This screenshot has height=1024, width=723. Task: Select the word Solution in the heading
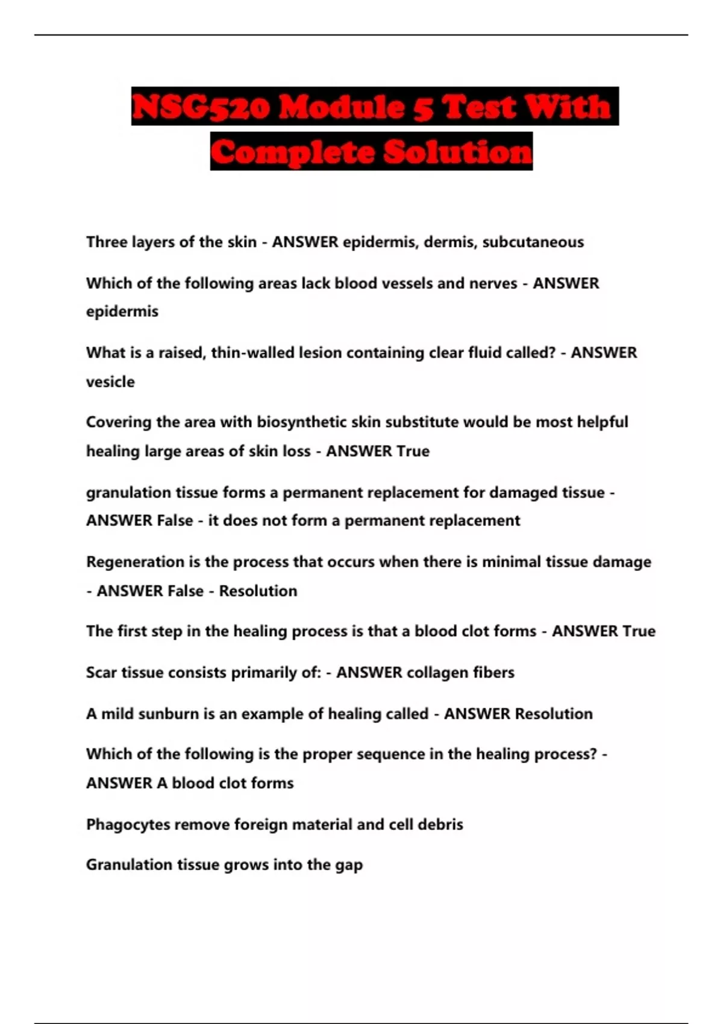[457, 151]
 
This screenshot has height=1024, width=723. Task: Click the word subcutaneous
[533, 242]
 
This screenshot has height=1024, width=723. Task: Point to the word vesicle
[110, 382]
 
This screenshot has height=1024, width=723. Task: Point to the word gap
[349, 866]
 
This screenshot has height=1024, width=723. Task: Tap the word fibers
[493, 673]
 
